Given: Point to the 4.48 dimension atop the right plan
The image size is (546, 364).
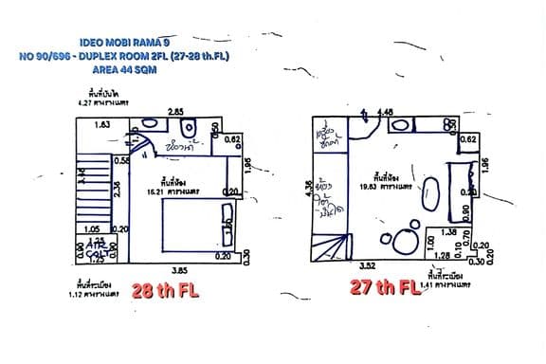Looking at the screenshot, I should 386,113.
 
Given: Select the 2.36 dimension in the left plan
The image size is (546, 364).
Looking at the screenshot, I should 117,191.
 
